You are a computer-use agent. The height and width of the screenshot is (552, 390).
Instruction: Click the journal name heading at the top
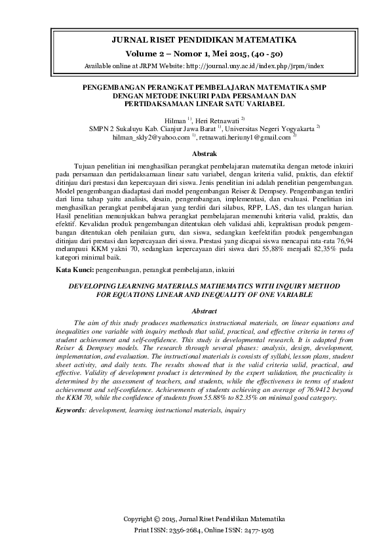coord(195,40)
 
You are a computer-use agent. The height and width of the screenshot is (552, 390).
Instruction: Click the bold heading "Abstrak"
coord(195,152)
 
